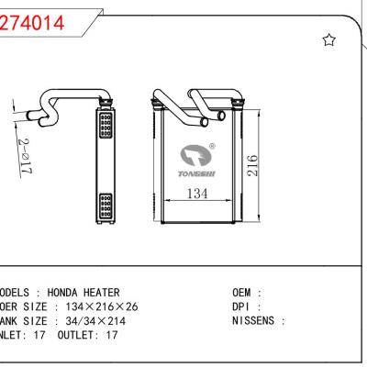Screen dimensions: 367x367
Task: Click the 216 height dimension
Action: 251,166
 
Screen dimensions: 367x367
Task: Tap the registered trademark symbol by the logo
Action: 212,146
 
